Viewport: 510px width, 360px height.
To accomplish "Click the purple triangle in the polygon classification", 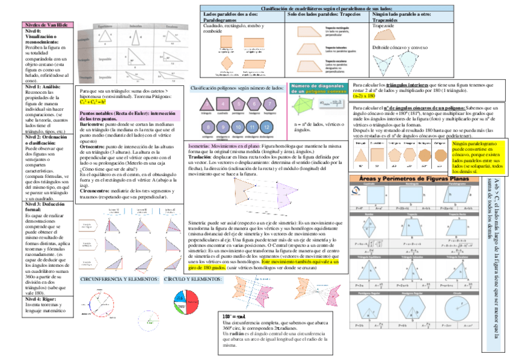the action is pos(207,104).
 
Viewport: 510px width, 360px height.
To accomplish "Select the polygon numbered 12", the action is pos(266,127).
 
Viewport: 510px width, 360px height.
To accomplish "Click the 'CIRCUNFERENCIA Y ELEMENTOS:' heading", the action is pos(119,279).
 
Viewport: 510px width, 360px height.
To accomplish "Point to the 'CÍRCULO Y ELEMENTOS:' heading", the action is pos(193,279).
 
